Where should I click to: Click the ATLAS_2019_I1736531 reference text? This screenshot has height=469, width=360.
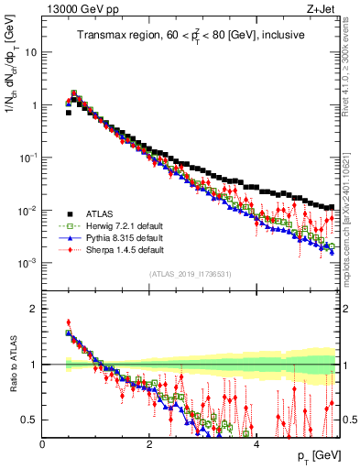click(191, 273)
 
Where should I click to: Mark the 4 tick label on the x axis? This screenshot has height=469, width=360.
click(256, 445)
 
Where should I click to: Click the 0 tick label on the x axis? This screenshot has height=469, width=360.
click(42, 445)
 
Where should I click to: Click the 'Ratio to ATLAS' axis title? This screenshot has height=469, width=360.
click(12, 366)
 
